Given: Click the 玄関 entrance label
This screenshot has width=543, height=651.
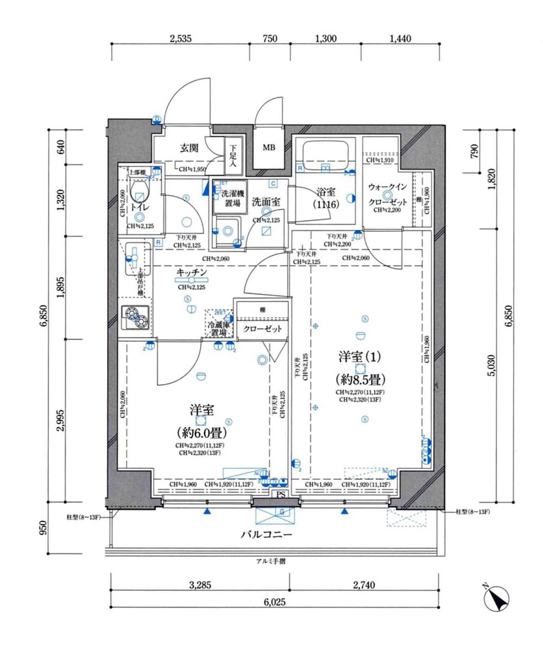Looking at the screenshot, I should click(x=188, y=147).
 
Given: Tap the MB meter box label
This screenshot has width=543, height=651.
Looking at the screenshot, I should click(x=269, y=148).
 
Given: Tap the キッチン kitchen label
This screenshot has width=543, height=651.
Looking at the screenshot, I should click(x=191, y=272).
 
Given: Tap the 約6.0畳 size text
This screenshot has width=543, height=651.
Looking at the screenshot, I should click(x=201, y=433).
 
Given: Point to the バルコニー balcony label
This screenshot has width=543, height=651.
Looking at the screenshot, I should click(x=267, y=535).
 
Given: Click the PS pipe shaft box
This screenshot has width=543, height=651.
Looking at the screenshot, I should click(x=281, y=494).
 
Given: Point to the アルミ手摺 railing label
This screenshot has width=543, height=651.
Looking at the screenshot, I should click(x=270, y=561).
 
